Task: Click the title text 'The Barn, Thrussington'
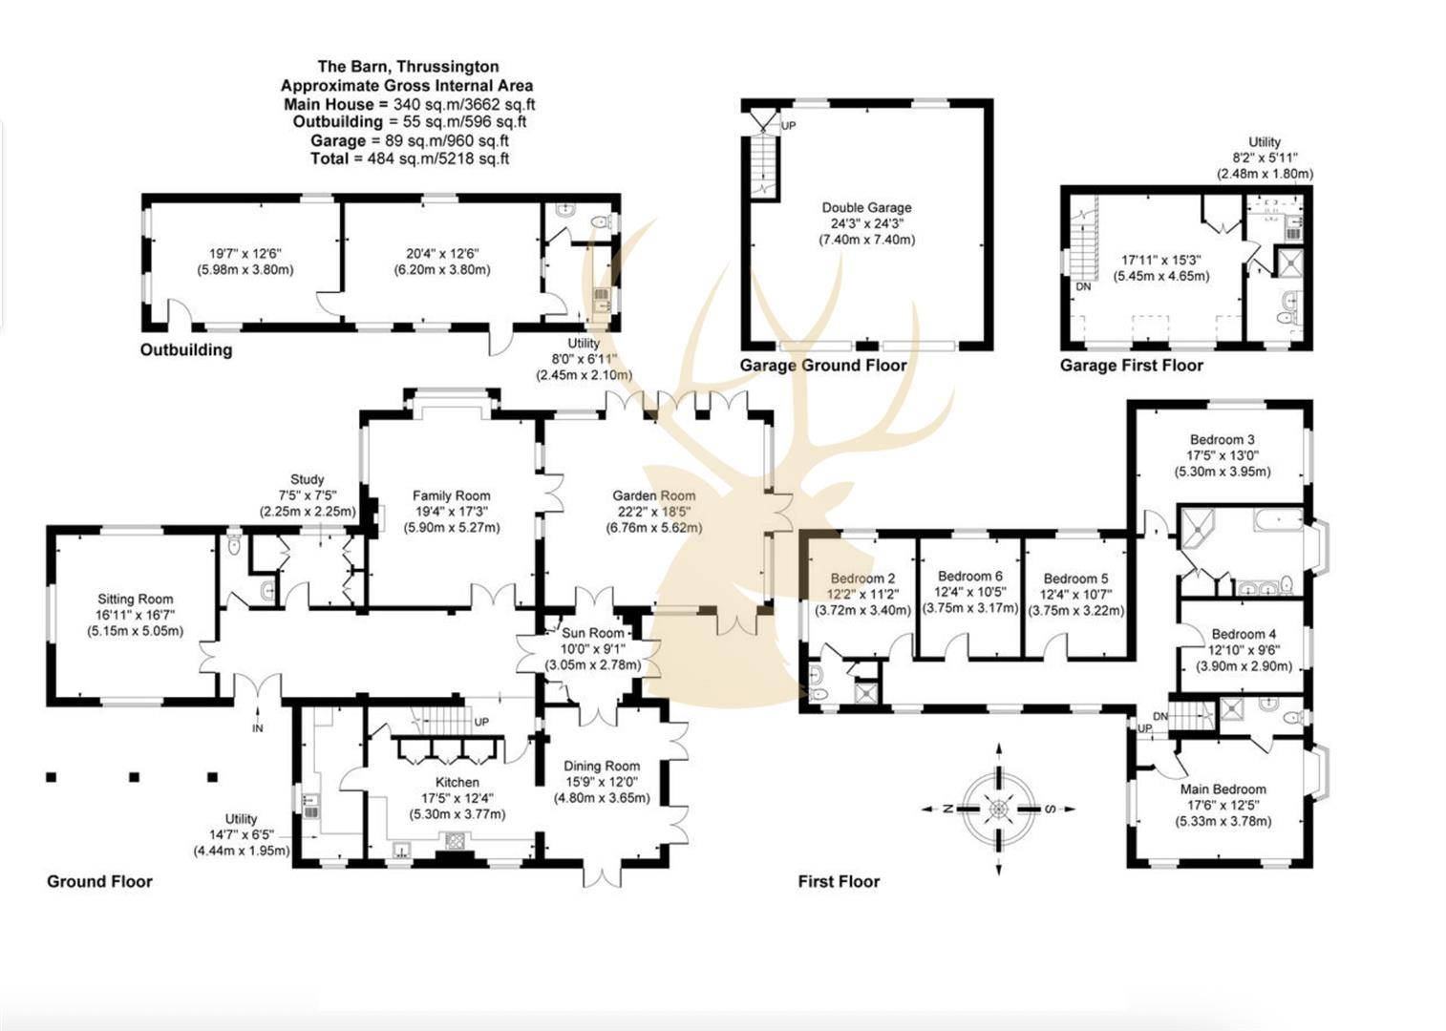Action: [x=408, y=66]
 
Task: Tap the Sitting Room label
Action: [x=135, y=600]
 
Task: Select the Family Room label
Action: [x=451, y=495]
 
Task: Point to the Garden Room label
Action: [x=653, y=495]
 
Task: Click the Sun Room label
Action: [x=592, y=633]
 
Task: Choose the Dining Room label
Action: [x=602, y=766]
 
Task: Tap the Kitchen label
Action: [x=457, y=782]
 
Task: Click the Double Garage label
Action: [x=866, y=207]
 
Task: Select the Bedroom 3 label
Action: [x=1222, y=440]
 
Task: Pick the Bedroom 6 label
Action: [x=969, y=576]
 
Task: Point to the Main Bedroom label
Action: [x=1223, y=789]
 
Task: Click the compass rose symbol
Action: [x=998, y=809]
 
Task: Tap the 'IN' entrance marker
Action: [x=257, y=728]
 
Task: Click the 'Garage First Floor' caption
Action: [x=1131, y=365]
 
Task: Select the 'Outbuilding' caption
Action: [x=186, y=349]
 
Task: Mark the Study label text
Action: [x=307, y=479]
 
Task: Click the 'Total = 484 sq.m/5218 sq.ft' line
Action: [x=409, y=158]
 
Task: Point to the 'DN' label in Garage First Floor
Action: [x=1083, y=286]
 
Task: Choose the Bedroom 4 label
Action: [x=1244, y=634]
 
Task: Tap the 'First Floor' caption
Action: [x=839, y=881]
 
